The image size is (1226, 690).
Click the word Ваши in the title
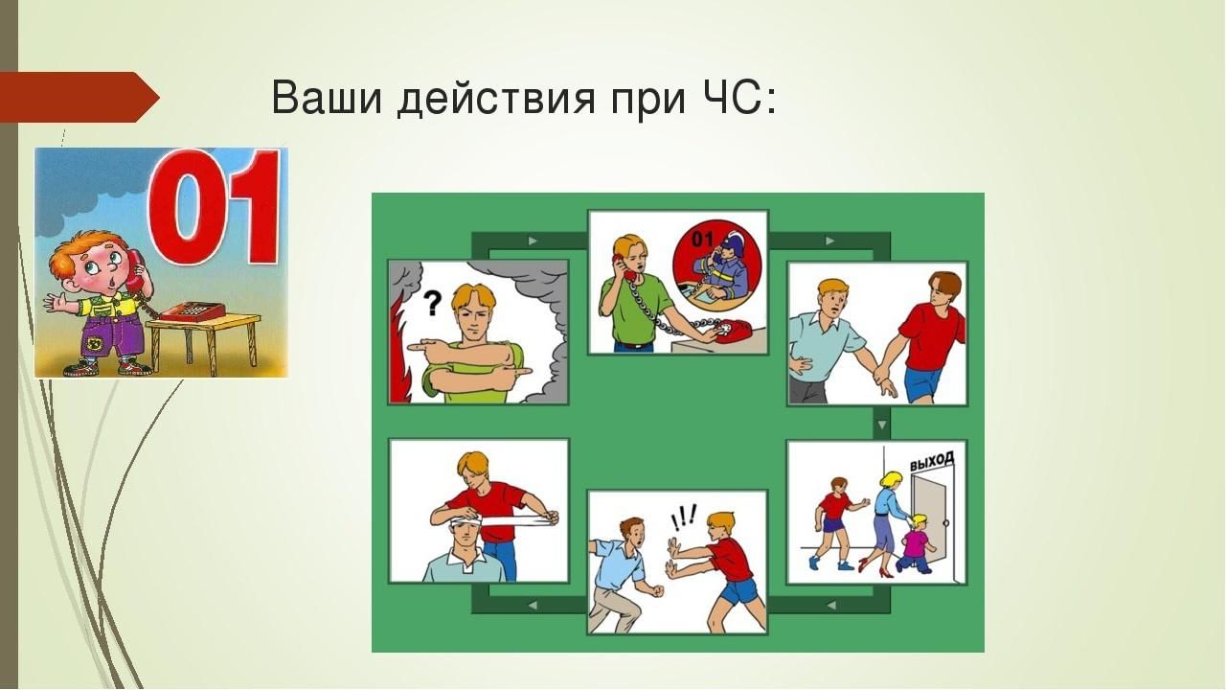[x=327, y=99]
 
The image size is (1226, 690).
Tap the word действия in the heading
[x=496, y=100]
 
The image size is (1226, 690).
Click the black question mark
[x=433, y=303]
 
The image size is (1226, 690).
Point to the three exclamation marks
[x=684, y=517]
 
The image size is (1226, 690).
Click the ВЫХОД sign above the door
[x=932, y=461]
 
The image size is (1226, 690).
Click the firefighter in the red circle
[x=722, y=268]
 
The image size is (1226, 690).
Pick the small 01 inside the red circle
[x=702, y=240]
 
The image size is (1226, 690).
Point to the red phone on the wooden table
[x=192, y=311]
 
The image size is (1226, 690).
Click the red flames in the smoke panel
[x=397, y=356]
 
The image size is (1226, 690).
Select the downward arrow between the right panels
[x=881, y=425]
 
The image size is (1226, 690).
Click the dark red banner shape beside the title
[x=79, y=97]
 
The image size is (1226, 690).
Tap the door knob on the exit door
[x=946, y=523]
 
